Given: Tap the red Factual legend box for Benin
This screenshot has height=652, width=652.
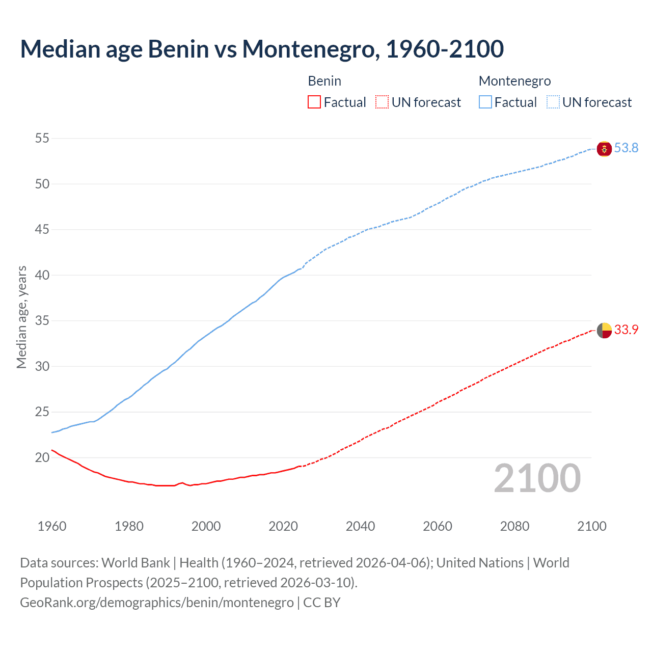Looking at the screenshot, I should point(314,102).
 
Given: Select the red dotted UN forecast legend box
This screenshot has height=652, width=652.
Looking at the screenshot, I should point(382,102).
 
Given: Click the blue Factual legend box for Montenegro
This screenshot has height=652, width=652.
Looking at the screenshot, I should point(485,102).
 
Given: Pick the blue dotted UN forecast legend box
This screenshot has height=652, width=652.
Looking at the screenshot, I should point(553,102).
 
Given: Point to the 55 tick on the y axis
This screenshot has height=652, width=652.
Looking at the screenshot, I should point(42,139).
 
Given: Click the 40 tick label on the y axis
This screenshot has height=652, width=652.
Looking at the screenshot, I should point(42,275).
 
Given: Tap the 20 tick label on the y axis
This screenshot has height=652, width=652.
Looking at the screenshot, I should point(42,457).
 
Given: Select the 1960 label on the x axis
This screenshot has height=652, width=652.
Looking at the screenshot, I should point(52,526).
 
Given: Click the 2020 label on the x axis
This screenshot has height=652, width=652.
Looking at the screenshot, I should point(283,526).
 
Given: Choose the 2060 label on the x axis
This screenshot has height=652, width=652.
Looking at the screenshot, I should point(438,526).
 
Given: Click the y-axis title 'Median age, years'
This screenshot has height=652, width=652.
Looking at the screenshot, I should point(21,317).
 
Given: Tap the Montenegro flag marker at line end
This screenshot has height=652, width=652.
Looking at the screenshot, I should point(604,149).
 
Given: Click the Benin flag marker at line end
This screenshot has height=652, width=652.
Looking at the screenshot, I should point(604,331).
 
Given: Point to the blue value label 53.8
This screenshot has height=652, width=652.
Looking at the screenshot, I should point(626,148).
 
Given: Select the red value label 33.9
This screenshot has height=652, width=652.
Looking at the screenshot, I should point(626,330).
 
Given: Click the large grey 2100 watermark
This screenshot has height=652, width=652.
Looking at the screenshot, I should point(537,478).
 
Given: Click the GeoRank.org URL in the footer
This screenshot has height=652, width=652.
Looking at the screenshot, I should point(157,603).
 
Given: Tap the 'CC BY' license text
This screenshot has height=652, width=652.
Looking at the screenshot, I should point(322,603).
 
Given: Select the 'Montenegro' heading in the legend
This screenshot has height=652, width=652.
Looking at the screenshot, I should point(514,81).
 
